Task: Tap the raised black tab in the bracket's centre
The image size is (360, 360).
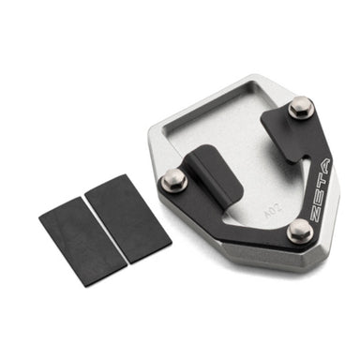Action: coord(216,173)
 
